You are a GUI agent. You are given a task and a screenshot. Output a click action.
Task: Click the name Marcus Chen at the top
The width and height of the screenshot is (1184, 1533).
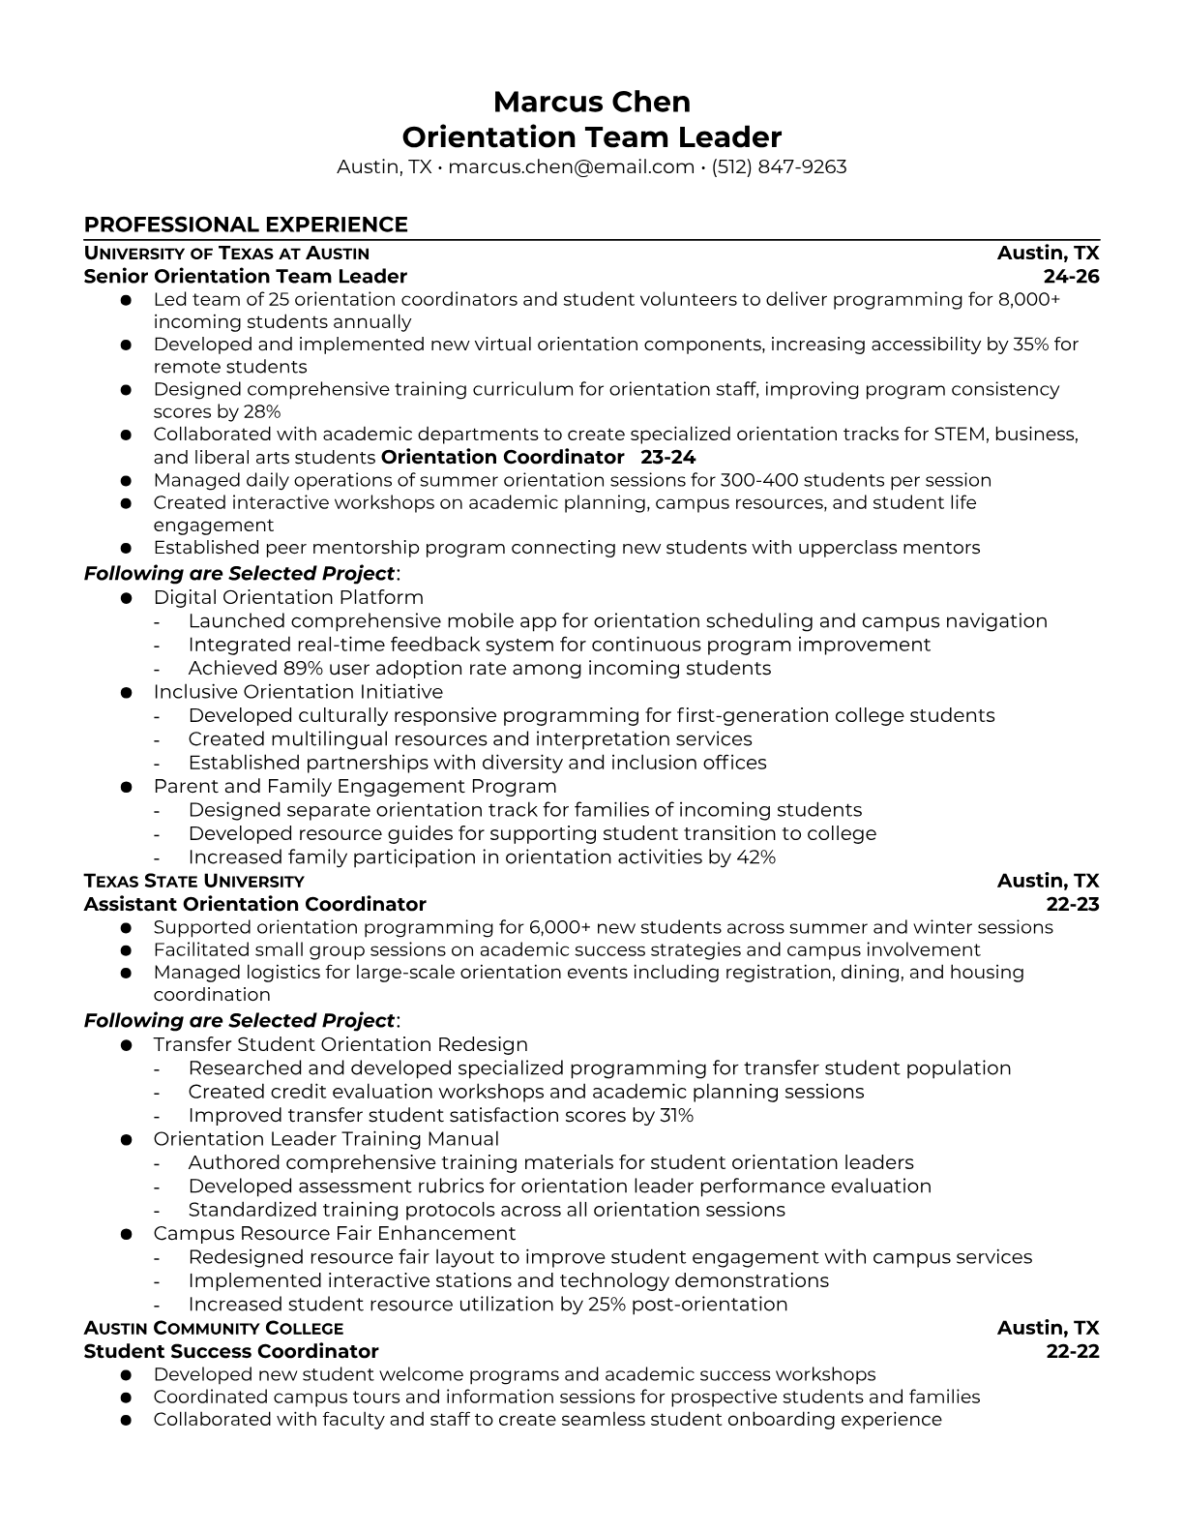pyautogui.click(x=592, y=102)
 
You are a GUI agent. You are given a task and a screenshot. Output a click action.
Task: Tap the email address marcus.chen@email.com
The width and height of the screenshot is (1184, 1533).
pyautogui.click(x=571, y=166)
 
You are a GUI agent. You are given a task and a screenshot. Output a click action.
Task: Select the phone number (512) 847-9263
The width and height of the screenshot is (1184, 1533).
pyautogui.click(x=779, y=166)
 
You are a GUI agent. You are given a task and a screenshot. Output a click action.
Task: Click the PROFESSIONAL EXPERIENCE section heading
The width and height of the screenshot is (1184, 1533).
pyautogui.click(x=246, y=225)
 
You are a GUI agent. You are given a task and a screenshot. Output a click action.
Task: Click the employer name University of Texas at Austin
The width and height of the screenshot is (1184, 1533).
pyautogui.click(x=226, y=254)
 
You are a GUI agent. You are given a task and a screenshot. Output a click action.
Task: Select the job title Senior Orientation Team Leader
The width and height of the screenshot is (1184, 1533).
pyautogui.click(x=246, y=277)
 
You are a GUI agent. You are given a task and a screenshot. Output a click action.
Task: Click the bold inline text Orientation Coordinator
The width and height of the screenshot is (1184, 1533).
pyautogui.click(x=503, y=457)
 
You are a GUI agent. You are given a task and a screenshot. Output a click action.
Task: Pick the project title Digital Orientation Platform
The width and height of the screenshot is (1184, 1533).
pyautogui.click(x=288, y=597)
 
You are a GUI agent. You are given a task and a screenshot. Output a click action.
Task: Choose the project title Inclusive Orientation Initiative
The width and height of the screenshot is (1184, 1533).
pyautogui.click(x=298, y=692)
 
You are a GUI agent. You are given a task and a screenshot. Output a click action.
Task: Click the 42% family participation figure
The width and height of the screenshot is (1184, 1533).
pyautogui.click(x=755, y=857)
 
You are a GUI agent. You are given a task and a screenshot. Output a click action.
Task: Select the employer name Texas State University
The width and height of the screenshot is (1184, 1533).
pyautogui.click(x=193, y=882)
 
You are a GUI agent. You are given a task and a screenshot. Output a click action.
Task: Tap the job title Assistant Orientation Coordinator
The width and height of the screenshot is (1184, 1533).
pyautogui.click(x=255, y=905)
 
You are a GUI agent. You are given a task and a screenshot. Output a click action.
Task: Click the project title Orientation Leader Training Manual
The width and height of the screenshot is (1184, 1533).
pyautogui.click(x=326, y=1139)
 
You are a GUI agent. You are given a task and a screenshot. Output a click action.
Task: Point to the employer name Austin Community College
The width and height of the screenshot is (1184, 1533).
pyautogui.click(x=214, y=1329)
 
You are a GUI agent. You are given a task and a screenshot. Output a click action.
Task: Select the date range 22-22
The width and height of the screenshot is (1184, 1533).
pyautogui.click(x=1073, y=1352)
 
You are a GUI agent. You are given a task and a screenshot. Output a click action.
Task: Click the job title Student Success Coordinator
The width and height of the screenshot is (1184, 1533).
pyautogui.click(x=231, y=1352)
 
